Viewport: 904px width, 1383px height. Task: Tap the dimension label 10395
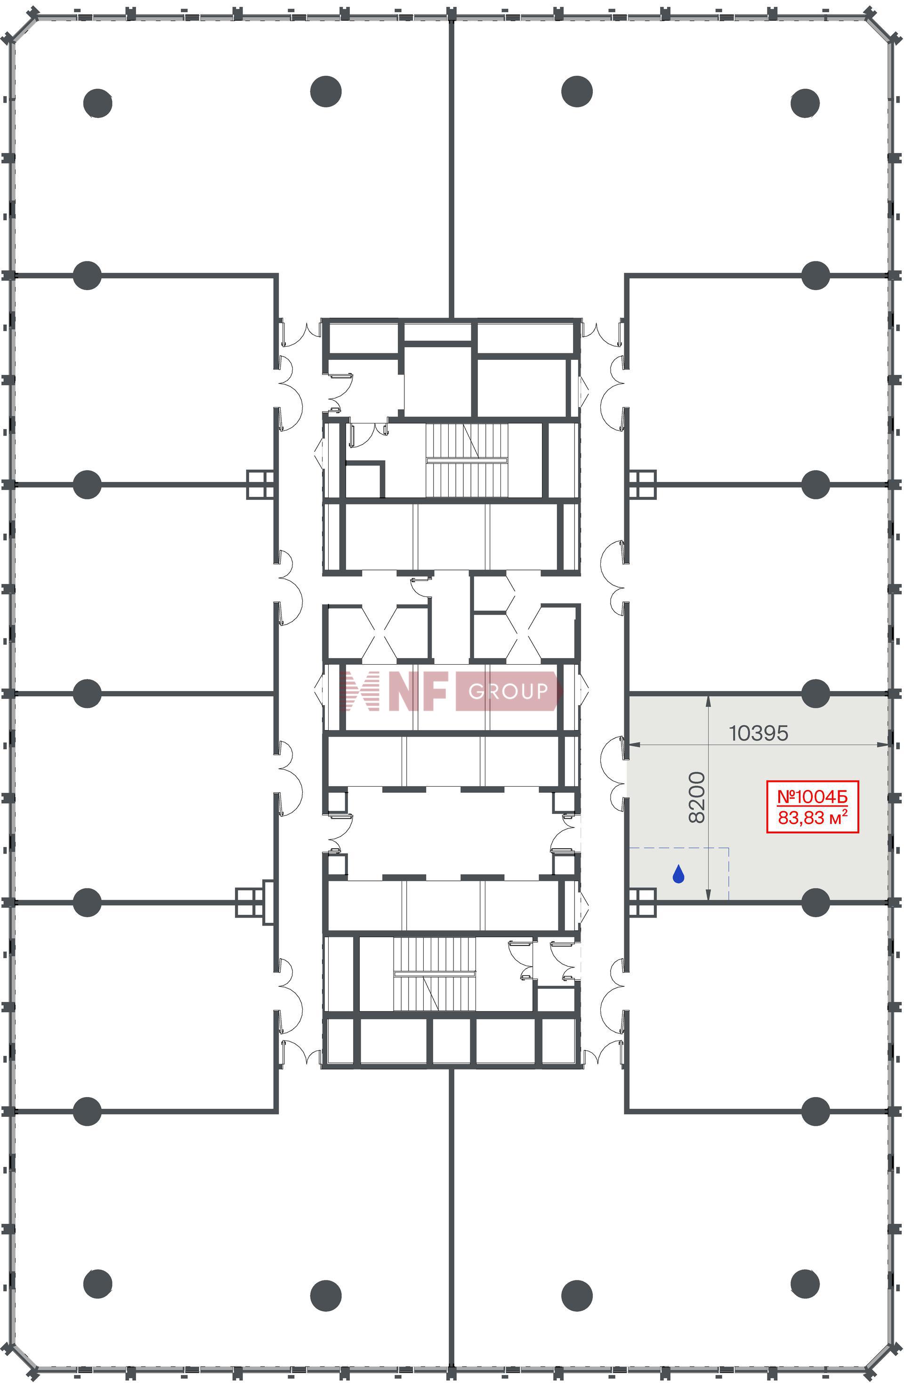758,733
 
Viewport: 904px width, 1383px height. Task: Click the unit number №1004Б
812,796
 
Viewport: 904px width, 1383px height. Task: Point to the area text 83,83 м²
812,817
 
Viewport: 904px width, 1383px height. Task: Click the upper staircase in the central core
467,460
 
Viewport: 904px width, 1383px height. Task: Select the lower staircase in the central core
435,974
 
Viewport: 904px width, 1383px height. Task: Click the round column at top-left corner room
97,104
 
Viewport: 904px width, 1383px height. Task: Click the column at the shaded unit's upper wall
815,693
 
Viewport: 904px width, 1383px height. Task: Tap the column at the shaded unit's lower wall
815,903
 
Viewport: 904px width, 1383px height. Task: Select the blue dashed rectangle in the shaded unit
678,873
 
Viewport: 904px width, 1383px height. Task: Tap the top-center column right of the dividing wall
577,91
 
